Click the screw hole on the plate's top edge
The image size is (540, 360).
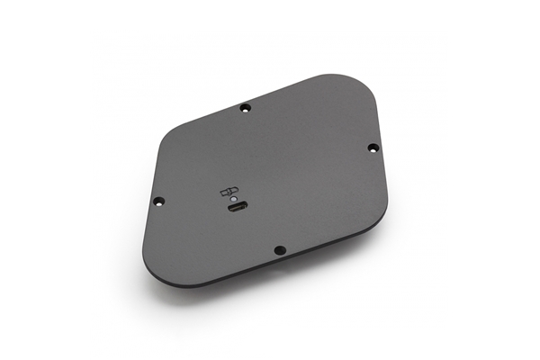click(246, 108)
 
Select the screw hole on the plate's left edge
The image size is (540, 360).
click(158, 201)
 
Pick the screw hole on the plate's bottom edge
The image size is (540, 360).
click(280, 249)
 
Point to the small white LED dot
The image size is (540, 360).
click(233, 199)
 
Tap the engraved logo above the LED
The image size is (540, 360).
click(230, 190)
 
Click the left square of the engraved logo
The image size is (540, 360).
click(226, 191)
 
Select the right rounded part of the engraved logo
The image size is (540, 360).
click(235, 189)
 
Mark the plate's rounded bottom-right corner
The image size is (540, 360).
click(379, 225)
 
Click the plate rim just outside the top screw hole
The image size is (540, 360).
click(244, 102)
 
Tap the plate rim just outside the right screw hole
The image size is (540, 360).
click(381, 147)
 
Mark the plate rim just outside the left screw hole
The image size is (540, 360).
click(151, 202)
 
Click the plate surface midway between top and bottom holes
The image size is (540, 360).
click(263, 178)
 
